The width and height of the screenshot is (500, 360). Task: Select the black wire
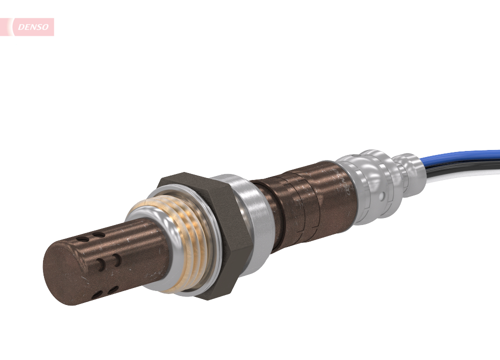(465, 164)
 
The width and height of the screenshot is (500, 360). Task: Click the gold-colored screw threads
(185, 240)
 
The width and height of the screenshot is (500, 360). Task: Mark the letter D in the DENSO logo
(21, 27)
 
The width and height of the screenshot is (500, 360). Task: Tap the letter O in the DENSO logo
(46, 27)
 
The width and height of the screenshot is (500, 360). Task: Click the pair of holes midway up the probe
(107, 261)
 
